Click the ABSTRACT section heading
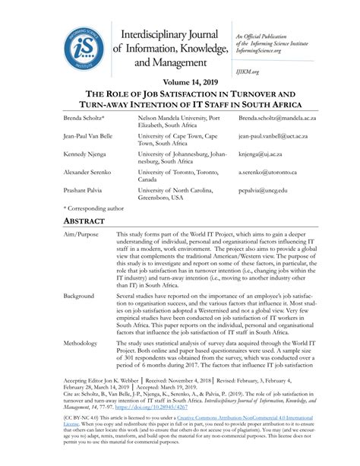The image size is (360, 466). (88, 221)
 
